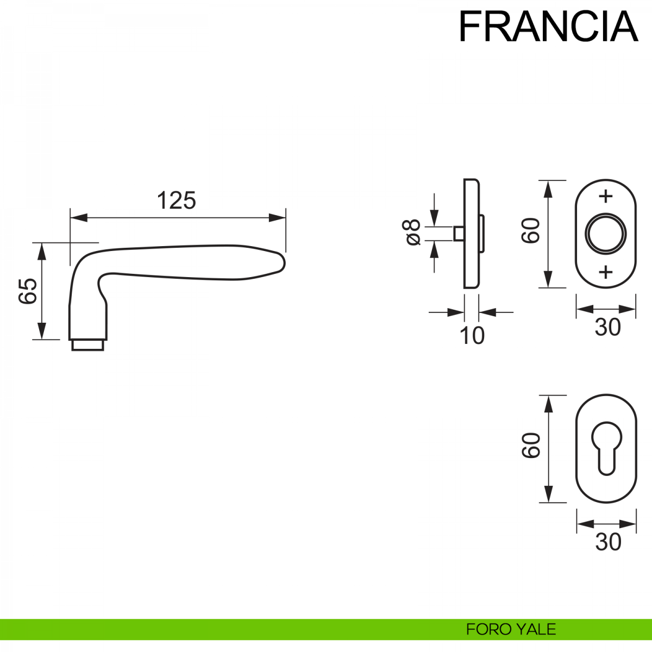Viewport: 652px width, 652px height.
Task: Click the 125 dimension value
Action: tap(176, 200)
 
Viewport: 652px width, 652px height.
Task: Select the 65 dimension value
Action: tap(28, 291)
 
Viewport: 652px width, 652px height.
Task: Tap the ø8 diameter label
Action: tap(412, 233)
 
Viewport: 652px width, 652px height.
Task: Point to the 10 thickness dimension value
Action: tap(472, 336)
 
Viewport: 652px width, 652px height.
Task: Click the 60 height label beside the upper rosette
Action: tap(531, 230)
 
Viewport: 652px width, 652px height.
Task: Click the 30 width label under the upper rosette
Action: tap(607, 327)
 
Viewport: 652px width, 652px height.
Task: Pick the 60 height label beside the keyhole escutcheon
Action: tap(531, 446)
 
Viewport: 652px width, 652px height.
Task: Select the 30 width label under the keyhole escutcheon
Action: tap(607, 542)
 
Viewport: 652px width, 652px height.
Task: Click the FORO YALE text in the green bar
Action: tap(511, 629)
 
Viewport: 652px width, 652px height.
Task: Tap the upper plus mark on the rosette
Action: tap(605, 196)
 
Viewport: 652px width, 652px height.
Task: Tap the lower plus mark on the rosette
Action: tap(605, 271)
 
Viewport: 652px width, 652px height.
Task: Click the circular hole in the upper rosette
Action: tap(605, 234)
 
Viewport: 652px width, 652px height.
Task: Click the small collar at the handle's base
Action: tap(87, 344)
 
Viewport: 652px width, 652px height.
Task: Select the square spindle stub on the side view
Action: tap(458, 234)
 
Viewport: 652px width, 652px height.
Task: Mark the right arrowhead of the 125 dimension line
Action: tap(278, 218)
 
